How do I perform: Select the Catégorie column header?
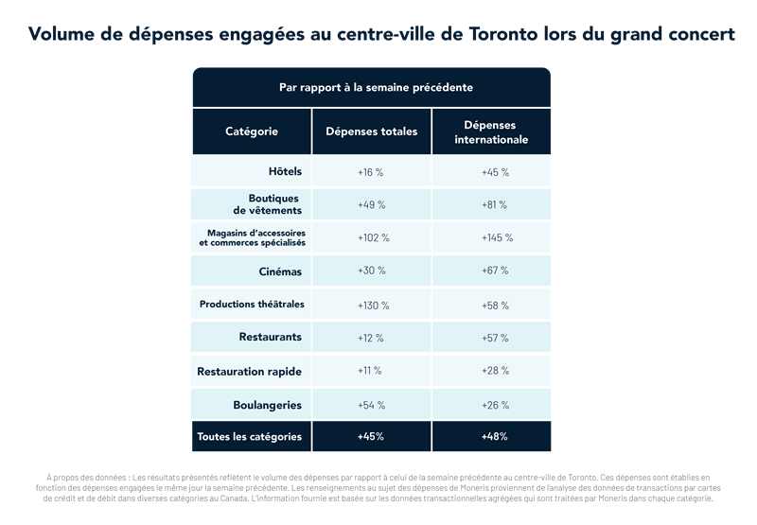click(x=252, y=131)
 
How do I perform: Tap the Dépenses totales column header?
click(x=371, y=131)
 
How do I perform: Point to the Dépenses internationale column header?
click(x=491, y=132)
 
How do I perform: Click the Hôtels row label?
click(x=284, y=172)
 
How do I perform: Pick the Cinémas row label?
click(x=281, y=271)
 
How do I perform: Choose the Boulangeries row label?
click(x=267, y=405)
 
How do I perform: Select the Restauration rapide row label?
click(x=249, y=372)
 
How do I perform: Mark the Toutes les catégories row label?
click(x=249, y=437)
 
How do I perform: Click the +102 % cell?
click(x=371, y=238)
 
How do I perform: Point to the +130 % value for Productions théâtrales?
click(x=371, y=306)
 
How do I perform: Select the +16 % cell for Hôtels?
click(x=371, y=172)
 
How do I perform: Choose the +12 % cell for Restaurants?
click(x=371, y=338)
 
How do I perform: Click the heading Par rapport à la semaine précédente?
click(x=376, y=87)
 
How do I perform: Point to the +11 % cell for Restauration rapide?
click(x=371, y=372)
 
